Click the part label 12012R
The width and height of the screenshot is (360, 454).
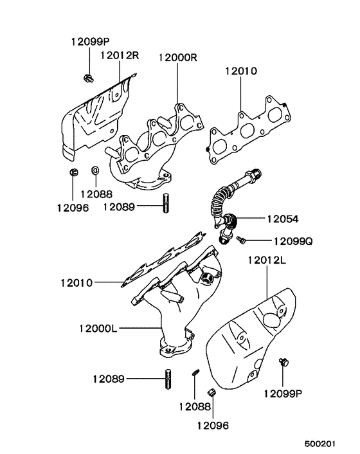[x=120, y=56]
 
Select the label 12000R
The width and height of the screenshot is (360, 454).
[x=177, y=57]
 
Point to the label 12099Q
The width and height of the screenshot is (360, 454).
[x=292, y=242]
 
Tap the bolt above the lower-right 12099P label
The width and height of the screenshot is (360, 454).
[x=282, y=363]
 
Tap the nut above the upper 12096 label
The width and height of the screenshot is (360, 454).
[x=73, y=172]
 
